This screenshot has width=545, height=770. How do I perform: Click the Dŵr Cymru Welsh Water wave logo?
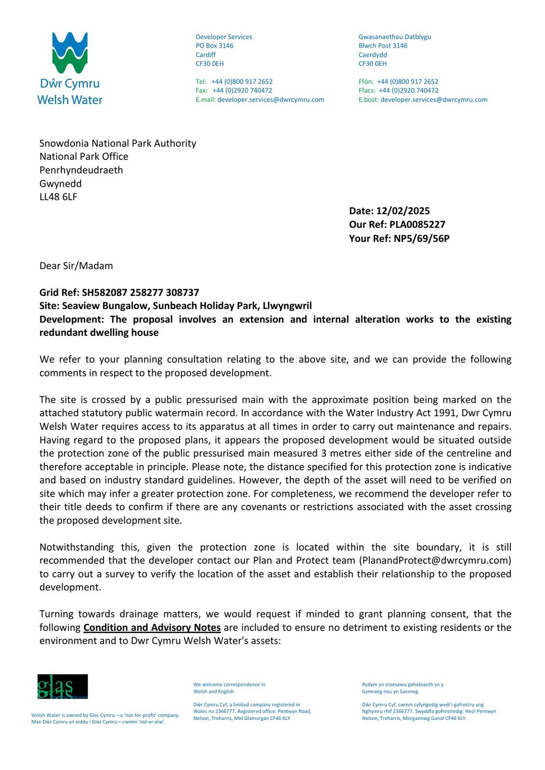pyautogui.click(x=70, y=53)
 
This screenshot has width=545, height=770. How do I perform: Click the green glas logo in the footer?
pyautogui.click(x=63, y=687)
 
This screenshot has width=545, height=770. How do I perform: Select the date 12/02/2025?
pyautogui.click(x=403, y=211)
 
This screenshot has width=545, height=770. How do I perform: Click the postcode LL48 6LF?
pyautogui.click(x=58, y=197)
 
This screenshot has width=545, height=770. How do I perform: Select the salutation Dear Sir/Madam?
pyautogui.click(x=76, y=266)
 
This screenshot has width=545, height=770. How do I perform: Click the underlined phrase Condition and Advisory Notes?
pyautogui.click(x=152, y=628)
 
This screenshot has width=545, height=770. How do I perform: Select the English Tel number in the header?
pyautogui.click(x=242, y=82)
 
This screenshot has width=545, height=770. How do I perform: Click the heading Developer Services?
pyautogui.click(x=224, y=37)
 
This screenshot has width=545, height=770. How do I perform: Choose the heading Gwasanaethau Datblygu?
pyautogui.click(x=395, y=37)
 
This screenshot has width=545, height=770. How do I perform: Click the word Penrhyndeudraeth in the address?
pyautogui.click(x=81, y=170)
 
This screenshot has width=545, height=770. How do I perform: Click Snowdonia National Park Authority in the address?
pyautogui.click(x=118, y=143)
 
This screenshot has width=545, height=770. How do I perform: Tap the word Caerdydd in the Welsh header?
pyautogui.click(x=373, y=55)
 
